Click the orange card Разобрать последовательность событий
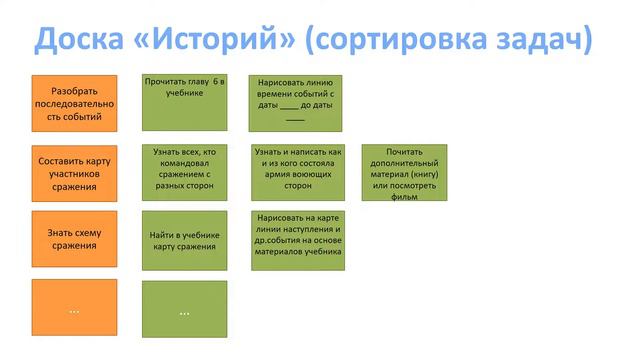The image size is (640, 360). click(x=74, y=103)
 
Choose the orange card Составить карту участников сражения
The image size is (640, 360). click(x=74, y=173)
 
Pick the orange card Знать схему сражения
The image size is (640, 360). click(x=74, y=239)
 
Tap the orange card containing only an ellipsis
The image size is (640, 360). click(x=74, y=310)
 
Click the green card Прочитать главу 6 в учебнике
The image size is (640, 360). click(x=185, y=102)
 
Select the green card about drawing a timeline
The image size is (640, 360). click(x=295, y=102)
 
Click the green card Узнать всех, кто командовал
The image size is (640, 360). click(x=185, y=172)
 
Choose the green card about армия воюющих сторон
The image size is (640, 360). click(x=295, y=172)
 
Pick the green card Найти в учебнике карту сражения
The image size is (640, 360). click(x=185, y=240)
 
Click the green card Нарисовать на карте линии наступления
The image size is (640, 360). click(x=295, y=239)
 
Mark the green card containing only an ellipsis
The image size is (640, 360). click(x=185, y=310)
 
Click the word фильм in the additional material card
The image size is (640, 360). click(x=404, y=197)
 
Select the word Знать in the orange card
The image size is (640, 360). click(x=53, y=233)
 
